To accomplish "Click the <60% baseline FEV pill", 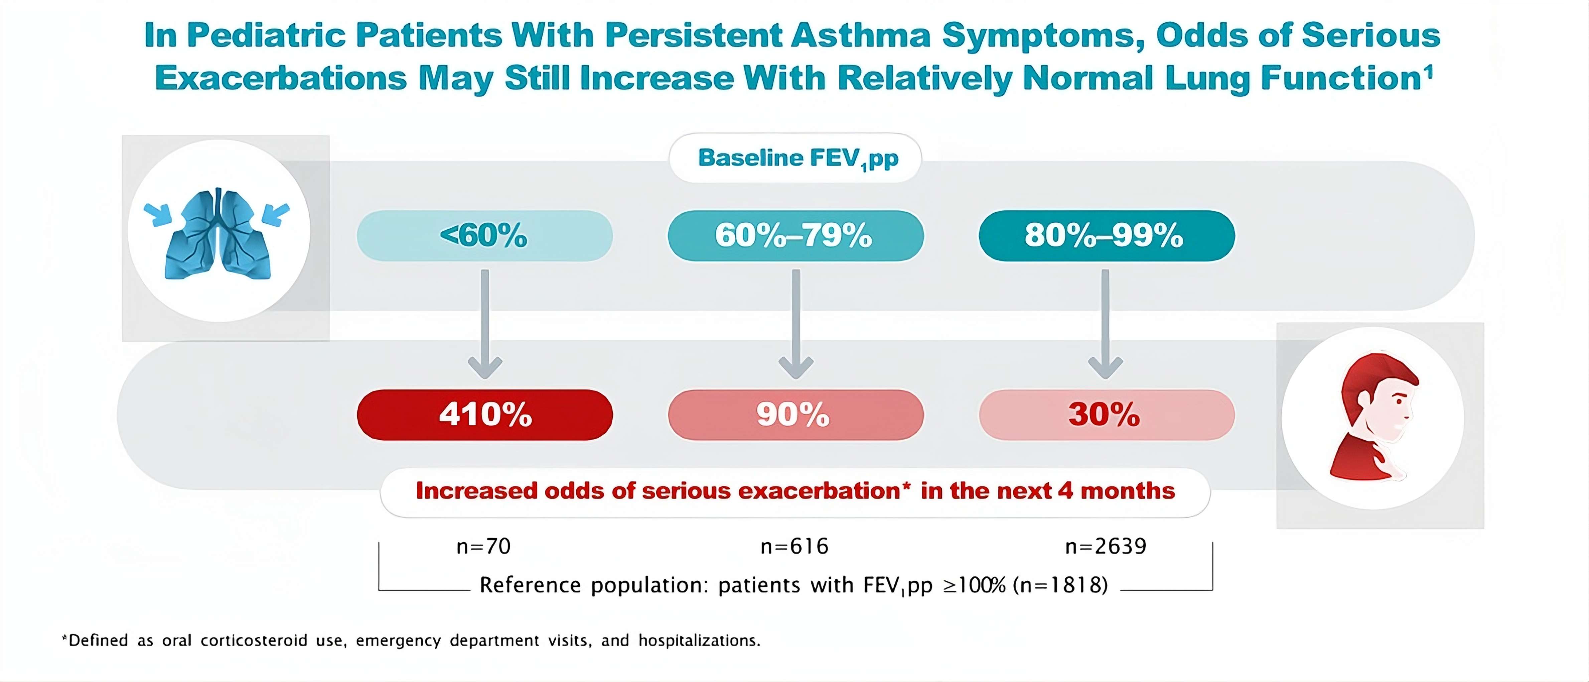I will pyautogui.click(x=484, y=236).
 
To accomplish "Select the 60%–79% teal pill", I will pyautogui.click(x=795, y=236).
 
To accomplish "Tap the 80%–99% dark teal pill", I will pyautogui.click(x=1106, y=236).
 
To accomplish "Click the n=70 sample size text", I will pyautogui.click(x=483, y=546).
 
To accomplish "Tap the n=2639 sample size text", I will pyautogui.click(x=1106, y=546).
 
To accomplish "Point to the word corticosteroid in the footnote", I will pyautogui.click(x=254, y=641).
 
